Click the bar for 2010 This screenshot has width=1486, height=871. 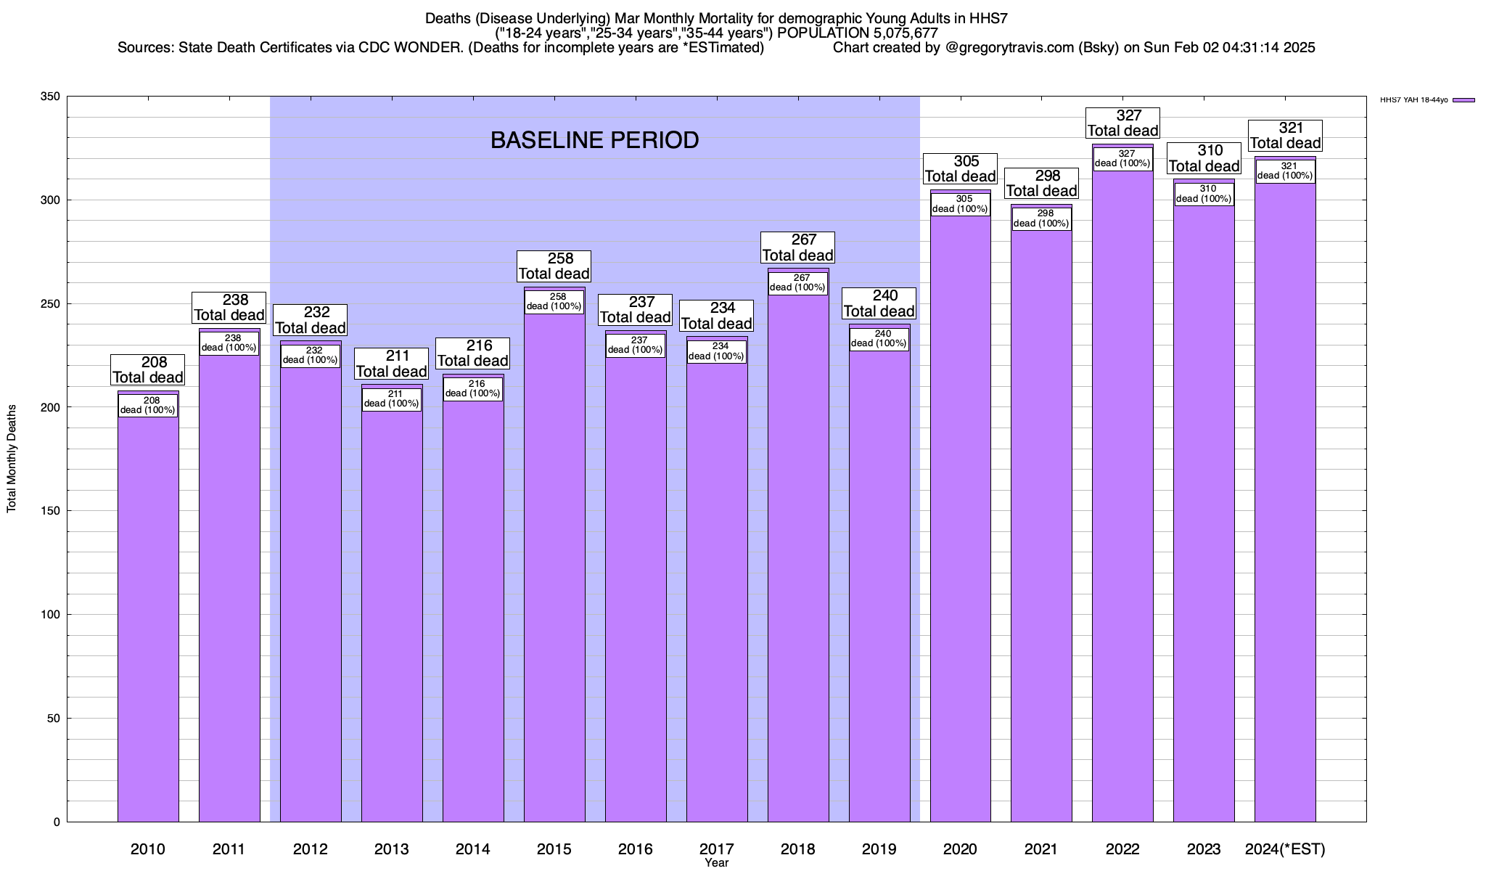pyautogui.click(x=148, y=617)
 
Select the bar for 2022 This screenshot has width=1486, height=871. pyautogui.click(x=1122, y=508)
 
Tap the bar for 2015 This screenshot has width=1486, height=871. pyautogui.click(x=554, y=566)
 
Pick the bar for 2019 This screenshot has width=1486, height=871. pyautogui.click(x=879, y=581)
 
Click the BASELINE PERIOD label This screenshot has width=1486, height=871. pyautogui.click(x=594, y=140)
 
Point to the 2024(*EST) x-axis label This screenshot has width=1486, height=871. pyautogui.click(x=1285, y=848)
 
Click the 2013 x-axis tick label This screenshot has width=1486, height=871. pyautogui.click(x=392, y=848)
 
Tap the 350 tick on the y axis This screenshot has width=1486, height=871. pyautogui.click(x=51, y=97)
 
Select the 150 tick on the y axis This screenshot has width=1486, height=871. pyautogui.click(x=51, y=511)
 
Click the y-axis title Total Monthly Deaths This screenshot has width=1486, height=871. pyautogui.click(x=12, y=459)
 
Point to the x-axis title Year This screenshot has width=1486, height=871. pyautogui.click(x=716, y=863)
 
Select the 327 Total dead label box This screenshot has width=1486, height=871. pyautogui.click(x=1122, y=123)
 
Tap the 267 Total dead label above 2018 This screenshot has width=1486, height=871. pyautogui.click(x=797, y=248)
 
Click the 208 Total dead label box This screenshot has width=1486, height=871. pyautogui.click(x=148, y=369)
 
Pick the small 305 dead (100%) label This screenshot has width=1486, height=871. pyautogui.click(x=961, y=204)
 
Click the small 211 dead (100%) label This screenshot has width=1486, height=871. pyautogui.click(x=392, y=399)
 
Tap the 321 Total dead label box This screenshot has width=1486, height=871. pyautogui.click(x=1285, y=136)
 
